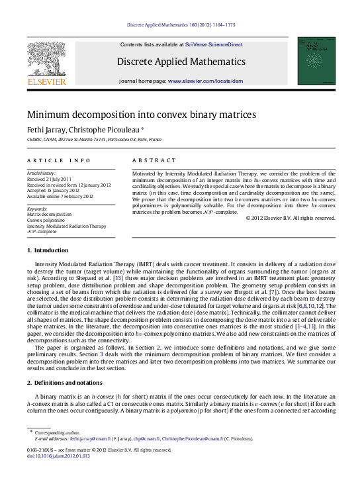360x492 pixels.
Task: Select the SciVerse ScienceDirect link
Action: coord(214,44)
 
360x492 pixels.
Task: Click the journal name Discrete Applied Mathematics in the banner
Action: coord(181,62)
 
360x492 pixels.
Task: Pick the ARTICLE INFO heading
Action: coord(59,160)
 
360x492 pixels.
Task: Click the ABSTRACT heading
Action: coord(154,160)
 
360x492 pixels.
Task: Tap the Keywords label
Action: coord(38,209)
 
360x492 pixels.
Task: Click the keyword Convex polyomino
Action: coord(46,221)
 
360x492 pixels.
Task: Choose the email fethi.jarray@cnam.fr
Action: coord(93,457)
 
